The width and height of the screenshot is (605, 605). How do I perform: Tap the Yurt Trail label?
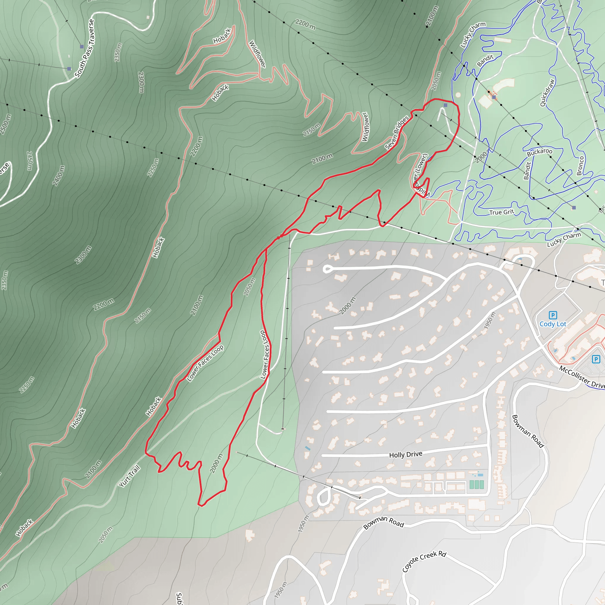tap(129, 476)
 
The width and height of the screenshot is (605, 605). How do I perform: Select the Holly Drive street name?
tap(406, 454)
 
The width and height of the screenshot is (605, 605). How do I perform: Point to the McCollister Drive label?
tap(582, 377)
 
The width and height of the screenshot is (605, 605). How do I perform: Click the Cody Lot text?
tap(553, 324)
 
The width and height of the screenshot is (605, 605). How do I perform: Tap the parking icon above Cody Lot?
tap(553, 315)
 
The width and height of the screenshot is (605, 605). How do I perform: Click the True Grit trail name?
tap(502, 212)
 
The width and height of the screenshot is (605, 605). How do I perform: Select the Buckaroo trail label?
tap(539, 152)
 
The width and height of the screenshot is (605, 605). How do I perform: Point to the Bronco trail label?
tap(580, 166)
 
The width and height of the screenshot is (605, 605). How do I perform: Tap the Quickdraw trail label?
tap(547, 93)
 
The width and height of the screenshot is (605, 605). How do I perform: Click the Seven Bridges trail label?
tap(397, 132)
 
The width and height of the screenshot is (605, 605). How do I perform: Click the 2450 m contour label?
tap(29, 161)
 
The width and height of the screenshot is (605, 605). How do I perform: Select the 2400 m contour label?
tap(58, 175)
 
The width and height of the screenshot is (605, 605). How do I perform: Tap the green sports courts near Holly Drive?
tap(476, 484)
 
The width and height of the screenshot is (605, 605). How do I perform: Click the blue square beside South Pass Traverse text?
tap(82, 47)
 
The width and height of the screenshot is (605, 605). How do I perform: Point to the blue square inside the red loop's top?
tap(445, 105)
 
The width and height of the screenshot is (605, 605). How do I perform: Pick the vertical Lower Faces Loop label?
tap(265, 355)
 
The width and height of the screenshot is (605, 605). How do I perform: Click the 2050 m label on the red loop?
tap(249, 287)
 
